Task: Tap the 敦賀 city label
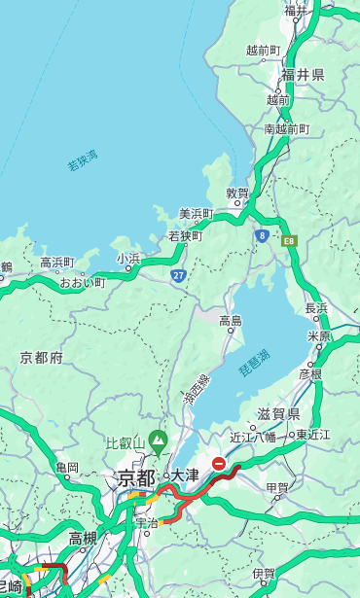[x=237, y=193]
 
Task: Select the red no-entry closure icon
[x=220, y=465]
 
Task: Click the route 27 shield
[x=179, y=275]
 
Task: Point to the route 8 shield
[x=262, y=235]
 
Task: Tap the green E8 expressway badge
[x=289, y=239]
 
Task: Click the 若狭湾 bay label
[x=83, y=161]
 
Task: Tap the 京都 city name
[x=136, y=477]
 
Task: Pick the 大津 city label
[x=185, y=475]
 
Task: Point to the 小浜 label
[x=129, y=259]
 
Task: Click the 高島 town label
[x=231, y=321]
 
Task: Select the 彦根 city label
[x=310, y=373]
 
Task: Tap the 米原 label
[x=319, y=335]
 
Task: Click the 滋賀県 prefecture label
[x=278, y=414]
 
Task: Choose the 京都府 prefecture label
[x=42, y=358]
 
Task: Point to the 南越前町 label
[x=286, y=128]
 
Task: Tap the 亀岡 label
[x=67, y=468]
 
